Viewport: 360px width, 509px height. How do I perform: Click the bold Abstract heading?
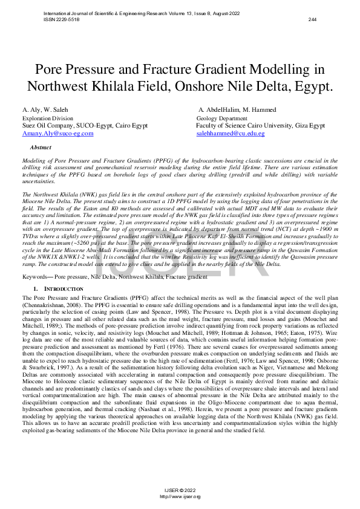[x=41, y=148]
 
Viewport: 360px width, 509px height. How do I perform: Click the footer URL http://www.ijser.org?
[x=180, y=496]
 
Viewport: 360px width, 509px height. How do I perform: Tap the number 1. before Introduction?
[x=36, y=290]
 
